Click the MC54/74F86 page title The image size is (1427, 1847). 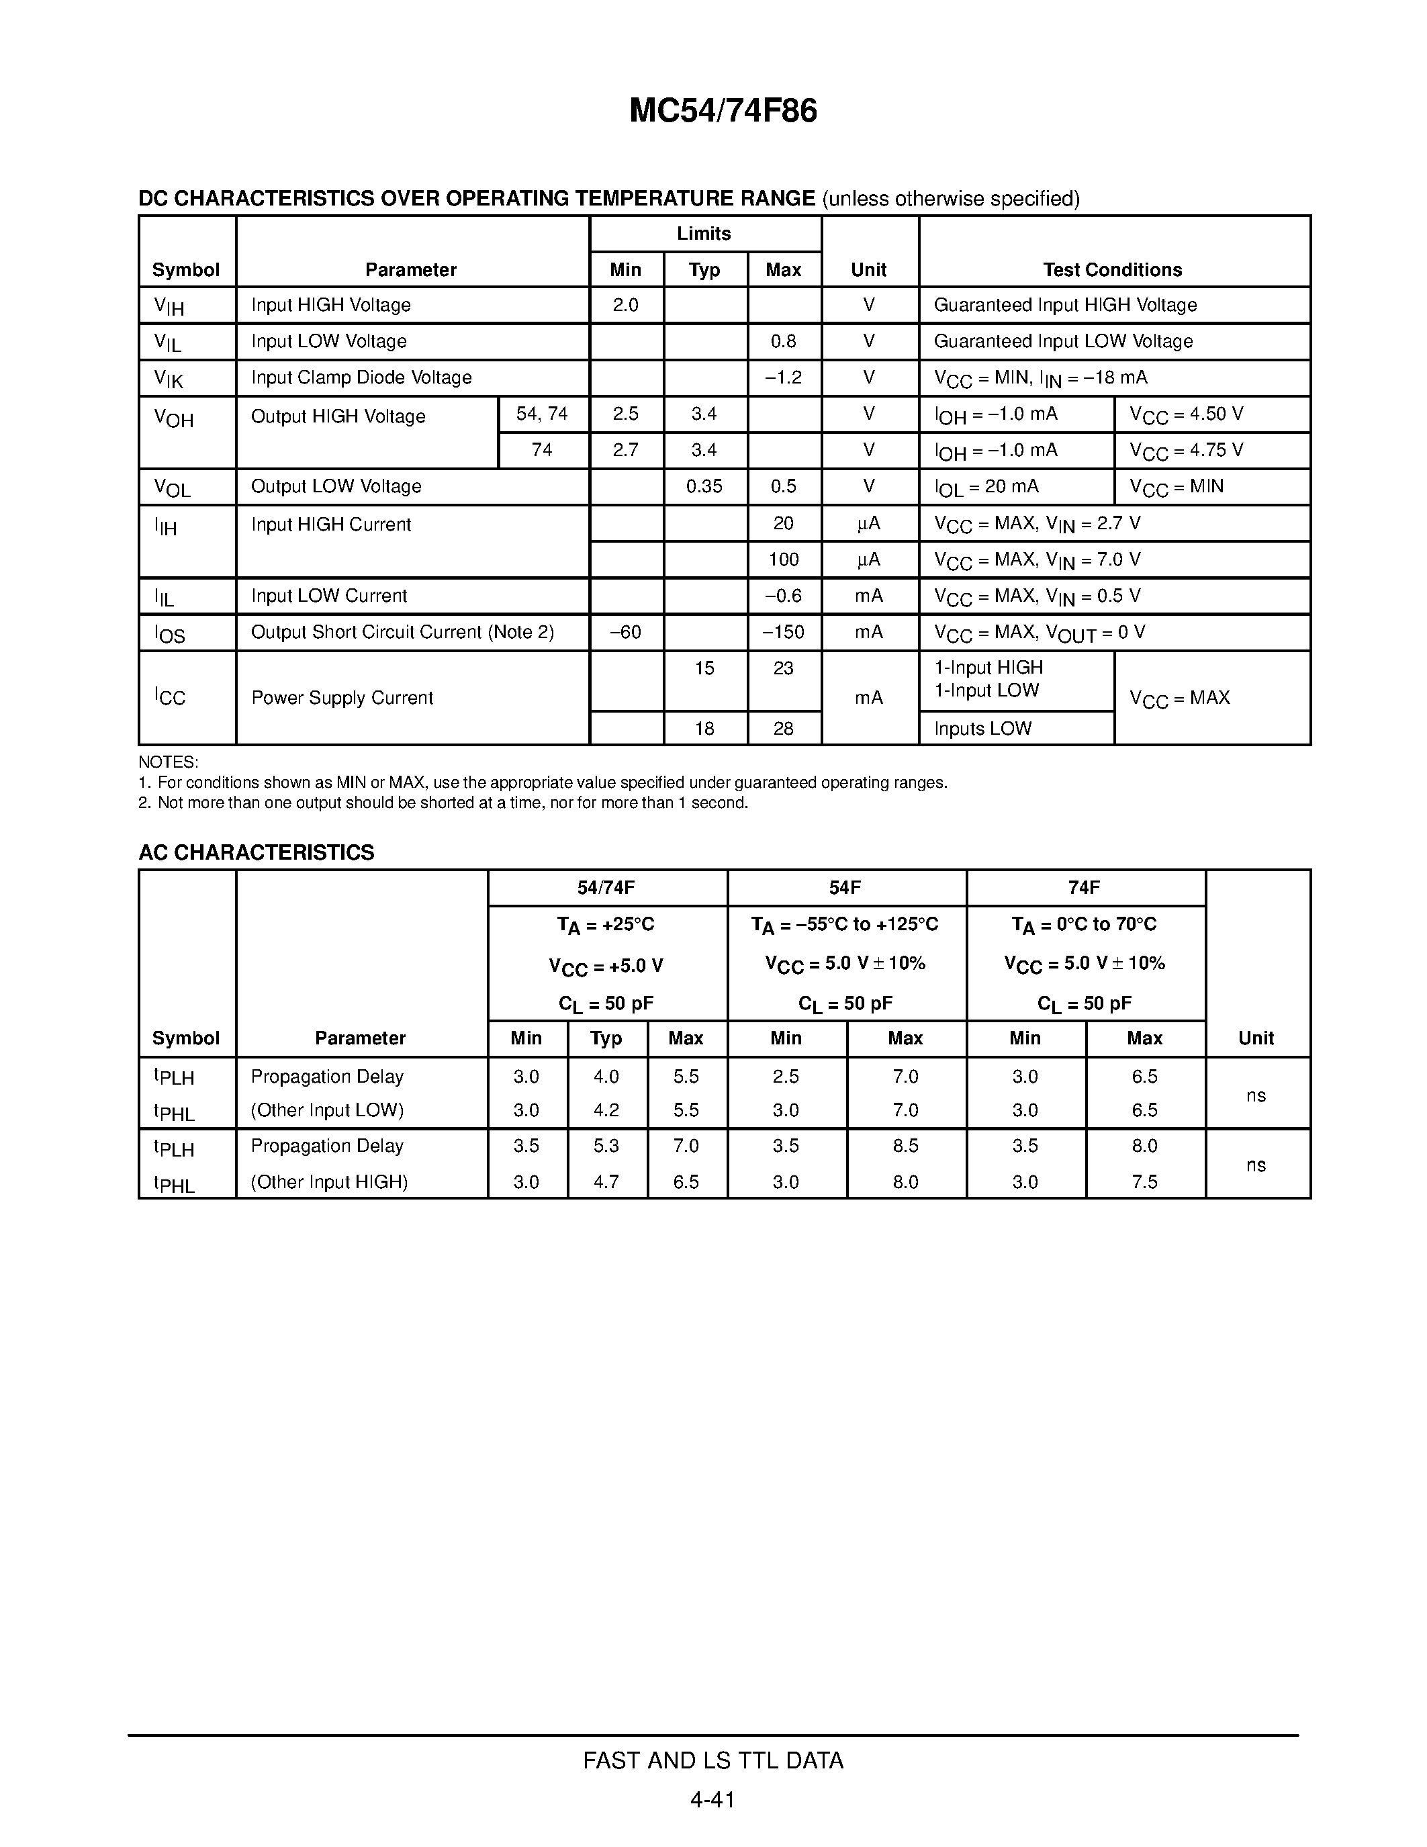(x=723, y=111)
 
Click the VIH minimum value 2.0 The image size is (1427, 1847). (x=626, y=306)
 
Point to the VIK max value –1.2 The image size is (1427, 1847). (x=783, y=377)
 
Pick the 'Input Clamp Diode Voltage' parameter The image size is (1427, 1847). (x=361, y=377)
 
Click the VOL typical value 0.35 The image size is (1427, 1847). (x=704, y=486)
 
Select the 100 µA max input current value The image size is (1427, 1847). (x=783, y=559)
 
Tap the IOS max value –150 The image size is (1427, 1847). (x=783, y=632)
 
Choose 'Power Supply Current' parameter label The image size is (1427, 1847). (x=342, y=698)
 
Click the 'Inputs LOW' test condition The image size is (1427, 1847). (x=982, y=728)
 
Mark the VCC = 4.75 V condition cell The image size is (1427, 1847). (x=1186, y=451)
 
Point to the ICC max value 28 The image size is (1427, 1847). (x=783, y=728)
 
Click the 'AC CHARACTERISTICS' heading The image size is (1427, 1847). (x=256, y=852)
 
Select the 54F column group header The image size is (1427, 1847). (x=845, y=887)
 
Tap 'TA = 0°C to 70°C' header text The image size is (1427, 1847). (x=1084, y=924)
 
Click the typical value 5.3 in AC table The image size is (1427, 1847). (x=606, y=1146)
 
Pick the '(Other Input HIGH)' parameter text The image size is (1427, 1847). (x=329, y=1181)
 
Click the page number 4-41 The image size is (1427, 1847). (x=712, y=1799)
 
